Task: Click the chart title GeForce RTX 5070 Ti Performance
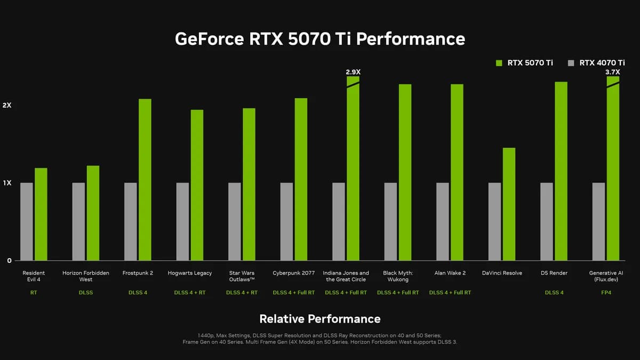pyautogui.click(x=320, y=39)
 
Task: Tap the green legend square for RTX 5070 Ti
pyautogui.click(x=499, y=63)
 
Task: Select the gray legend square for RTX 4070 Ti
pyautogui.click(x=571, y=63)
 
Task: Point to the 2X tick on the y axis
pyautogui.click(x=7, y=106)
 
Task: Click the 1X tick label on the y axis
pyautogui.click(x=7, y=183)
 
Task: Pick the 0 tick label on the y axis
pyautogui.click(x=9, y=260)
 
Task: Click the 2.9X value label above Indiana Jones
pyautogui.click(x=353, y=71)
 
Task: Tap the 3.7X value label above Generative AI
pyautogui.click(x=613, y=71)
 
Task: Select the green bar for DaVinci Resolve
pyautogui.click(x=509, y=204)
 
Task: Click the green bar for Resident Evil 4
pyautogui.click(x=41, y=214)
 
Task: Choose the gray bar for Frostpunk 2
pyautogui.click(x=131, y=221)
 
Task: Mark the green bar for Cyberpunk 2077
pyautogui.click(x=301, y=179)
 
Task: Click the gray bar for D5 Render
pyautogui.click(x=547, y=221)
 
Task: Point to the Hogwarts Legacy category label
pyautogui.click(x=190, y=273)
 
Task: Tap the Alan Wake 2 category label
pyautogui.click(x=450, y=273)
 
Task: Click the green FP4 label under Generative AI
pyautogui.click(x=606, y=292)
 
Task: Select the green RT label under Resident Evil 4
pyautogui.click(x=34, y=292)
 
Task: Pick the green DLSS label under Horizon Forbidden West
pyautogui.click(x=85, y=292)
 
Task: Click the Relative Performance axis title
pyautogui.click(x=320, y=319)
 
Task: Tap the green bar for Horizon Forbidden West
pyautogui.click(x=93, y=213)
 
